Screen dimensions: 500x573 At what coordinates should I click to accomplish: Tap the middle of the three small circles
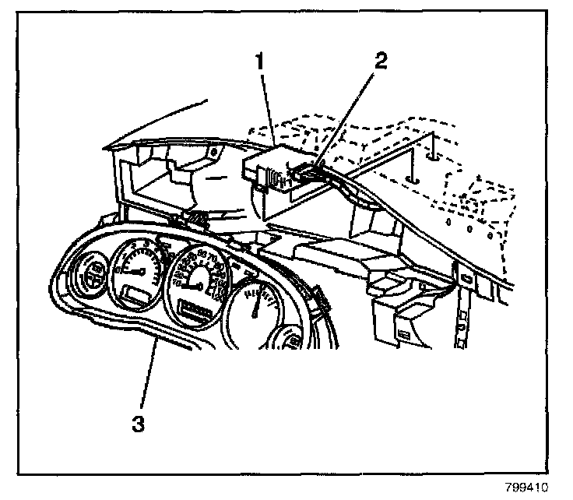click(469, 231)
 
